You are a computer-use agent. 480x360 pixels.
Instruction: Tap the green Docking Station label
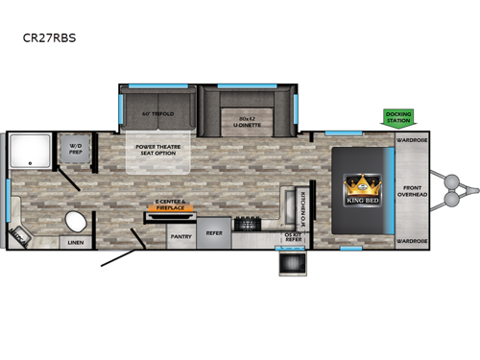click(x=397, y=117)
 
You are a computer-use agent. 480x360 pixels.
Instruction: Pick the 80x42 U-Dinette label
click(x=247, y=121)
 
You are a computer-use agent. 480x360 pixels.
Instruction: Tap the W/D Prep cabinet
click(x=75, y=150)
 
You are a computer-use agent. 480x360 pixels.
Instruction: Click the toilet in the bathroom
click(x=74, y=221)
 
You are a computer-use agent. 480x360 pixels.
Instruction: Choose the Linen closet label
click(x=76, y=243)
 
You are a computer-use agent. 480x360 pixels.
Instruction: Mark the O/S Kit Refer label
click(x=293, y=236)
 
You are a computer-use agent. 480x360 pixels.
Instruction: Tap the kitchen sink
click(x=287, y=204)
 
